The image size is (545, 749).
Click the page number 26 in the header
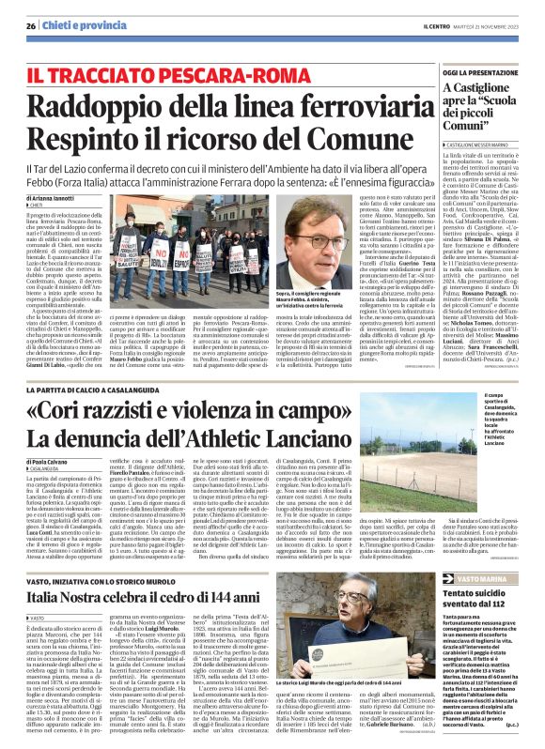click(x=30, y=24)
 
